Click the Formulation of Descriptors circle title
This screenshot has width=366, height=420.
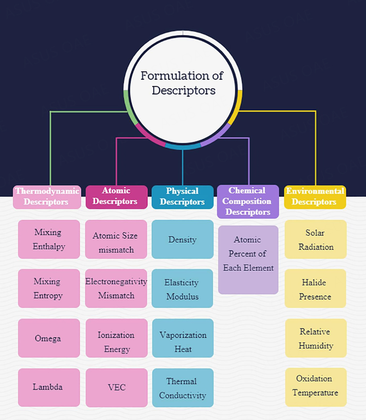pyautogui.click(x=182, y=83)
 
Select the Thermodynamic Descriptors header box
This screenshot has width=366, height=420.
pyautogui.click(x=47, y=197)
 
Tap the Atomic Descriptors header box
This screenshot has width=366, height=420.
pyautogui.click(x=116, y=196)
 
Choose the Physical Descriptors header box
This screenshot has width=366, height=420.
pyautogui.click(x=182, y=197)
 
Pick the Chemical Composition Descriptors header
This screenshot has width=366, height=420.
pyautogui.click(x=248, y=201)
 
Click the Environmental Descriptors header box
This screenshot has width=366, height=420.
pyautogui.click(x=315, y=197)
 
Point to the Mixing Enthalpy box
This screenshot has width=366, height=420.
pyautogui.click(x=49, y=239)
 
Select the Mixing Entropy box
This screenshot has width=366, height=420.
pyautogui.click(x=49, y=288)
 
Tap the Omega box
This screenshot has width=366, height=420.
pyautogui.click(x=49, y=338)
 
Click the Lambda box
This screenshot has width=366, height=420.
pyautogui.click(x=49, y=387)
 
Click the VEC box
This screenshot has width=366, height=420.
pyautogui.click(x=116, y=388)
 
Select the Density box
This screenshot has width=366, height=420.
pyautogui.click(x=182, y=239)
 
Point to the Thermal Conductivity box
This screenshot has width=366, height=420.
pyautogui.click(x=183, y=388)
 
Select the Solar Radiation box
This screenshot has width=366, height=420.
pyautogui.click(x=316, y=239)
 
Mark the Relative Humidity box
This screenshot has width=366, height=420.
pyautogui.click(x=316, y=338)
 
